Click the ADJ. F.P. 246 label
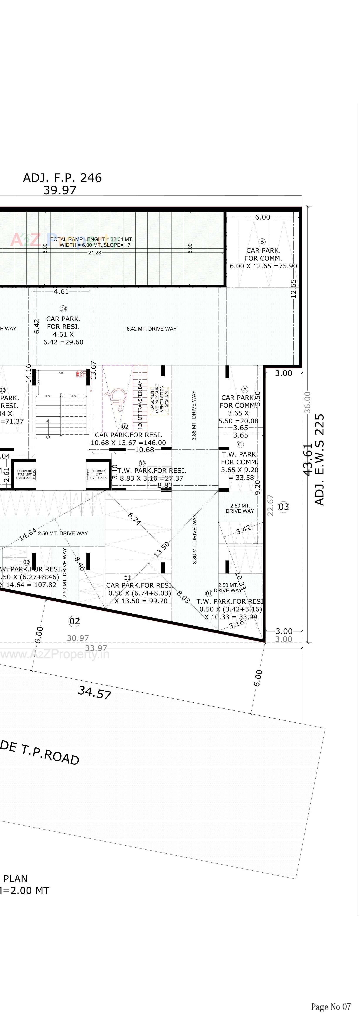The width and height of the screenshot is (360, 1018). (x=62, y=178)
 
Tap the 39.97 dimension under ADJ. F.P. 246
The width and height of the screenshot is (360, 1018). (x=60, y=190)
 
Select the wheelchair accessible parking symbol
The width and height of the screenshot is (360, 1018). (x=117, y=395)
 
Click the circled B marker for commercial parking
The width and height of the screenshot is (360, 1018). (x=262, y=241)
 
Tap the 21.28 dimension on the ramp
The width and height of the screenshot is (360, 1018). (x=94, y=252)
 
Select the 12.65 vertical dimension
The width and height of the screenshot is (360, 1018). (x=293, y=288)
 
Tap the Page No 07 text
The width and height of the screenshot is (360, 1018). (x=331, y=1006)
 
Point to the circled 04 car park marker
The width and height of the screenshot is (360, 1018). (x=63, y=309)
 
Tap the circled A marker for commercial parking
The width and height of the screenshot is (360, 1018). (x=245, y=389)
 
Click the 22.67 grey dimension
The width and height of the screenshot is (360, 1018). (x=271, y=505)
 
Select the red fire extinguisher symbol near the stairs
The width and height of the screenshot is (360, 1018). (x=78, y=374)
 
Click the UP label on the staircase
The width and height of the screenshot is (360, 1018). (x=48, y=437)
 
